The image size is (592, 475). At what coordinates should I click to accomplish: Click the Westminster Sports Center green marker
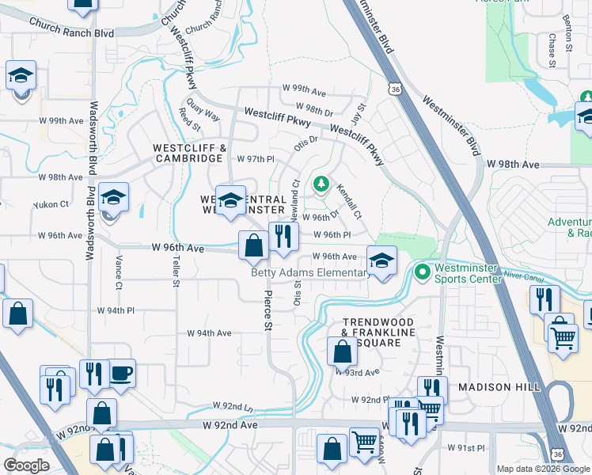click(423, 273)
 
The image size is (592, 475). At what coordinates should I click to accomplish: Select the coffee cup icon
click(120, 374)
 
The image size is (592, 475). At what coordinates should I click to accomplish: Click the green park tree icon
click(321, 185)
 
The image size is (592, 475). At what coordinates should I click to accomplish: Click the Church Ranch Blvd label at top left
click(72, 33)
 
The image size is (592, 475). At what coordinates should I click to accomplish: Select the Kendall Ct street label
click(348, 202)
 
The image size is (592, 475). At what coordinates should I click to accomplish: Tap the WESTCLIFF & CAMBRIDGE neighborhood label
click(188, 153)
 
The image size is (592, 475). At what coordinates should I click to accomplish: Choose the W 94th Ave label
click(209, 333)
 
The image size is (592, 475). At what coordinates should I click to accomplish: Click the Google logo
click(27, 465)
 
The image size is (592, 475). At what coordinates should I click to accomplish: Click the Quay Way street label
click(203, 109)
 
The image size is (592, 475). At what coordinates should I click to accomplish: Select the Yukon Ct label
click(51, 204)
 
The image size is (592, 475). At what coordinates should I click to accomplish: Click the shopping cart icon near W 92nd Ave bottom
click(363, 440)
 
